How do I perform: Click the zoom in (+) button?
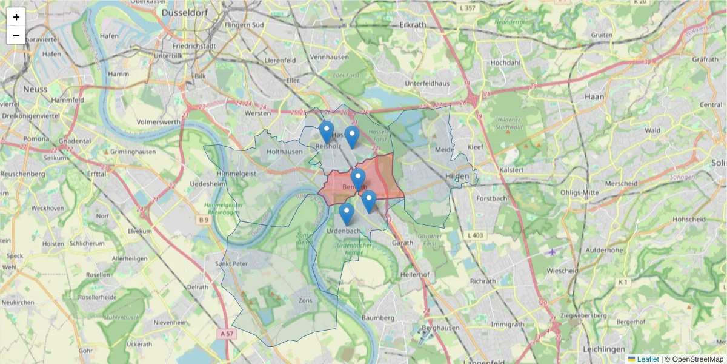[x=16, y=17]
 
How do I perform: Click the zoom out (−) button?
[x=16, y=35]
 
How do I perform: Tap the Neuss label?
[x=35, y=89]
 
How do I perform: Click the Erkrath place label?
[x=413, y=25]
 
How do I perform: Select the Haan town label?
[x=594, y=96]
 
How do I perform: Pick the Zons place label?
[x=305, y=300]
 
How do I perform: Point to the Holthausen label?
[x=284, y=152]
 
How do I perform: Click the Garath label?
[x=403, y=242]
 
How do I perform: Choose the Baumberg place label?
[x=378, y=317]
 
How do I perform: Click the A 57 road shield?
[x=227, y=334]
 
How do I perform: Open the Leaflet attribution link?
[x=647, y=359]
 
